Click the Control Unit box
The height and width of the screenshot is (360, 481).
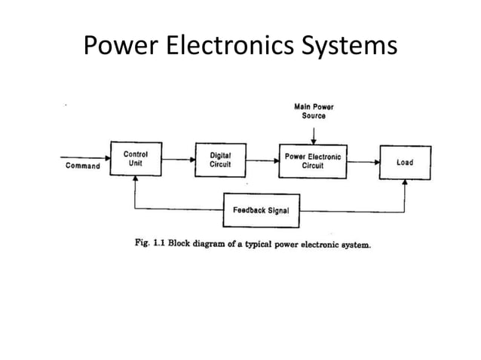tap(136, 160)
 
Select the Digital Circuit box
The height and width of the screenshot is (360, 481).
tap(220, 160)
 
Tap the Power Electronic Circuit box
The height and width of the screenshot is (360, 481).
tap(312, 160)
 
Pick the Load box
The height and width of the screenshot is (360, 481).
tap(405, 162)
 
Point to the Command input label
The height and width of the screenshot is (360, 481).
tap(82, 166)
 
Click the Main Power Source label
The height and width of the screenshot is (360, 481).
tap(314, 111)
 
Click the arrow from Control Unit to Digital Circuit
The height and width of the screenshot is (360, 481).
tap(178, 159)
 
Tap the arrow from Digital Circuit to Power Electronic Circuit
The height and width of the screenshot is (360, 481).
tap(262, 159)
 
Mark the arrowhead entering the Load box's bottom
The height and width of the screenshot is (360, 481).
tap(405, 184)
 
